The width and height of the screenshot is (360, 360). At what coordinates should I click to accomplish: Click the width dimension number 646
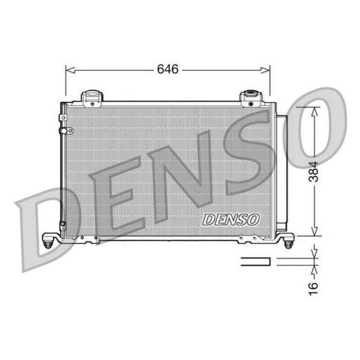(168, 69)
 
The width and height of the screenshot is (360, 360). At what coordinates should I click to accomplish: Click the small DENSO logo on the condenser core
(231, 219)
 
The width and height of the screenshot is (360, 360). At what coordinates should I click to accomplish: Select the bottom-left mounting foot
(49, 241)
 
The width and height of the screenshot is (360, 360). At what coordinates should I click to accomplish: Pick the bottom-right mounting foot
(288, 240)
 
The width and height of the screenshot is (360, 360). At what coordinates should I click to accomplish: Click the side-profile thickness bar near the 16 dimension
(256, 261)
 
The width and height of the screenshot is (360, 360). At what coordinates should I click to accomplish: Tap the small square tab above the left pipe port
(63, 118)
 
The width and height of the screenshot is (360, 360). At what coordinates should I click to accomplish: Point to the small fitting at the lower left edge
(63, 225)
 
